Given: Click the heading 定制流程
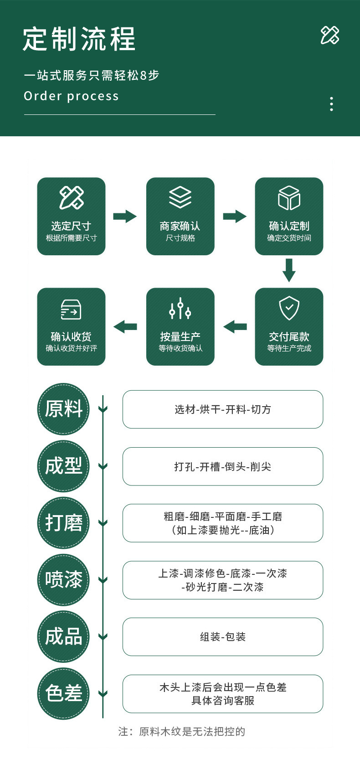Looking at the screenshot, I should coord(79,39).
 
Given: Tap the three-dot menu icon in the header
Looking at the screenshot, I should coord(331,104).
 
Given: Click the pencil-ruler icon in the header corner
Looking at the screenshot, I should coord(329,35).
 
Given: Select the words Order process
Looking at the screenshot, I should coord(71,96).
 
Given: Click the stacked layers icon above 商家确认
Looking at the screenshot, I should coord(180,197).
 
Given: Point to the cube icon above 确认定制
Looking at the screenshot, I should coord(289,198).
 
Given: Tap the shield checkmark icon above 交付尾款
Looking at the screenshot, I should coord(289,308).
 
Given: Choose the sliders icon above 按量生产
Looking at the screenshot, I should coord(180,309).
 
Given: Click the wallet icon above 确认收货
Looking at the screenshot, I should coord(71,310).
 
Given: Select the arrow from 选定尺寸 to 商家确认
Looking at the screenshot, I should coord(125,216).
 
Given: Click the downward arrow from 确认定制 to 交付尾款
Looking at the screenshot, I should coord(289,270).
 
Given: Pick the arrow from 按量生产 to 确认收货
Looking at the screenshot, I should coord(125,326).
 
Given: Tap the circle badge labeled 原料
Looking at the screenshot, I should coord(63,409).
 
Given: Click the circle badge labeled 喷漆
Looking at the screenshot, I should coord(63,580).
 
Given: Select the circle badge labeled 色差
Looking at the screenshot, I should coord(63,694).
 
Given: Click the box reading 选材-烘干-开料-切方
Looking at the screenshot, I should coord(222,409).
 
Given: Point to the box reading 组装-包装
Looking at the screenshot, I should coord(222,637).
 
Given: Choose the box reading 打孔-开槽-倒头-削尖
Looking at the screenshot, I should coord(222,466).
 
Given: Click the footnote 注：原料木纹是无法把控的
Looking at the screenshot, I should coord(181,732).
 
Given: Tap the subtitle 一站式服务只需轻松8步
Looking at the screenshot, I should coord(92,75).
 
